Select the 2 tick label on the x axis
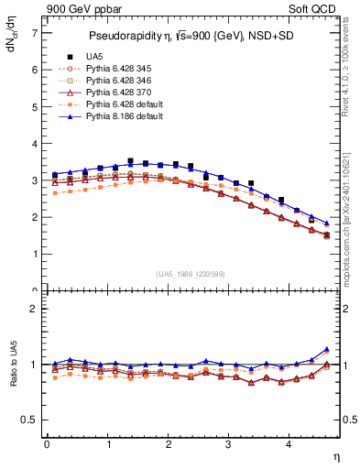[x=169, y=444]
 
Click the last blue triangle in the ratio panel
[x=327, y=349]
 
